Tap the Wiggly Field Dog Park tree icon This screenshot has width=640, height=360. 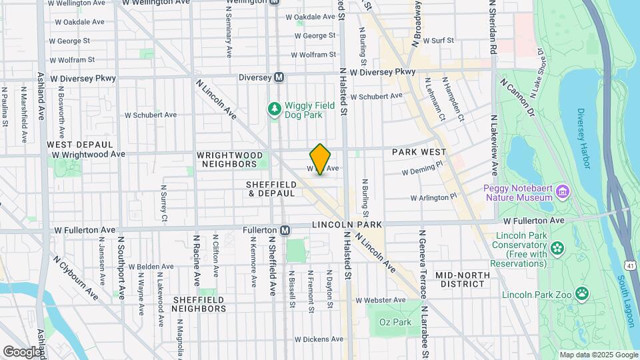pos(273,108)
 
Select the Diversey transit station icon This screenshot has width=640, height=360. pos(280,77)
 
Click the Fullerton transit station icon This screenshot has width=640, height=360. pos(285,230)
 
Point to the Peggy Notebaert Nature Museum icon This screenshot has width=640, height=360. pos(563,193)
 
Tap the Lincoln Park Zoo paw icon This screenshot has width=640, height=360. pos(582,293)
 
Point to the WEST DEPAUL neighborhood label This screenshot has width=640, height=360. pos(74,144)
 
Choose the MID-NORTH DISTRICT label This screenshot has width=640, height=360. pos(459,279)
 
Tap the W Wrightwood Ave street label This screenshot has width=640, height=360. pos(89,154)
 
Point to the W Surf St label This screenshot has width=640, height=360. pos(437,41)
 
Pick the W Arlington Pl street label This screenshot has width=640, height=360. pos(435,197)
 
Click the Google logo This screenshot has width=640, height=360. pos(23,351)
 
